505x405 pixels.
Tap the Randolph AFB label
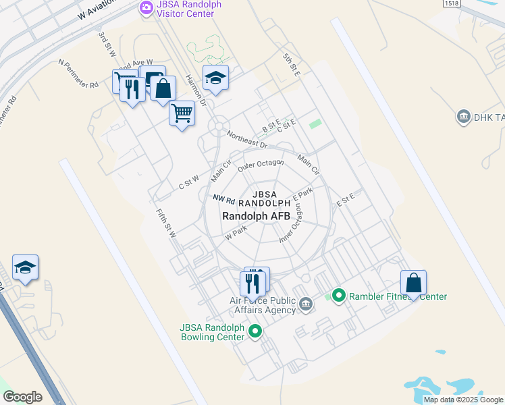257,216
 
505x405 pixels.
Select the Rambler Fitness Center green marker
339,296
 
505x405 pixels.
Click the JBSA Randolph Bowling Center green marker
255,331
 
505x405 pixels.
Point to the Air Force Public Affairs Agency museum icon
306,304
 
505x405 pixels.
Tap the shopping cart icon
182,112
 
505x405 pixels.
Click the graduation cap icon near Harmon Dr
215,78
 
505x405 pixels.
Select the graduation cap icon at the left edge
25,267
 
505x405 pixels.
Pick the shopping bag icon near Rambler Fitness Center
413,283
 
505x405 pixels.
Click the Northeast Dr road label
247,139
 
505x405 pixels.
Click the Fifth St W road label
166,223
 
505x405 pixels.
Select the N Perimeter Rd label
78,74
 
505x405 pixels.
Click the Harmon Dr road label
194,89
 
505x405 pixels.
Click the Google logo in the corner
23,397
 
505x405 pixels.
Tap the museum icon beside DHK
463,117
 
